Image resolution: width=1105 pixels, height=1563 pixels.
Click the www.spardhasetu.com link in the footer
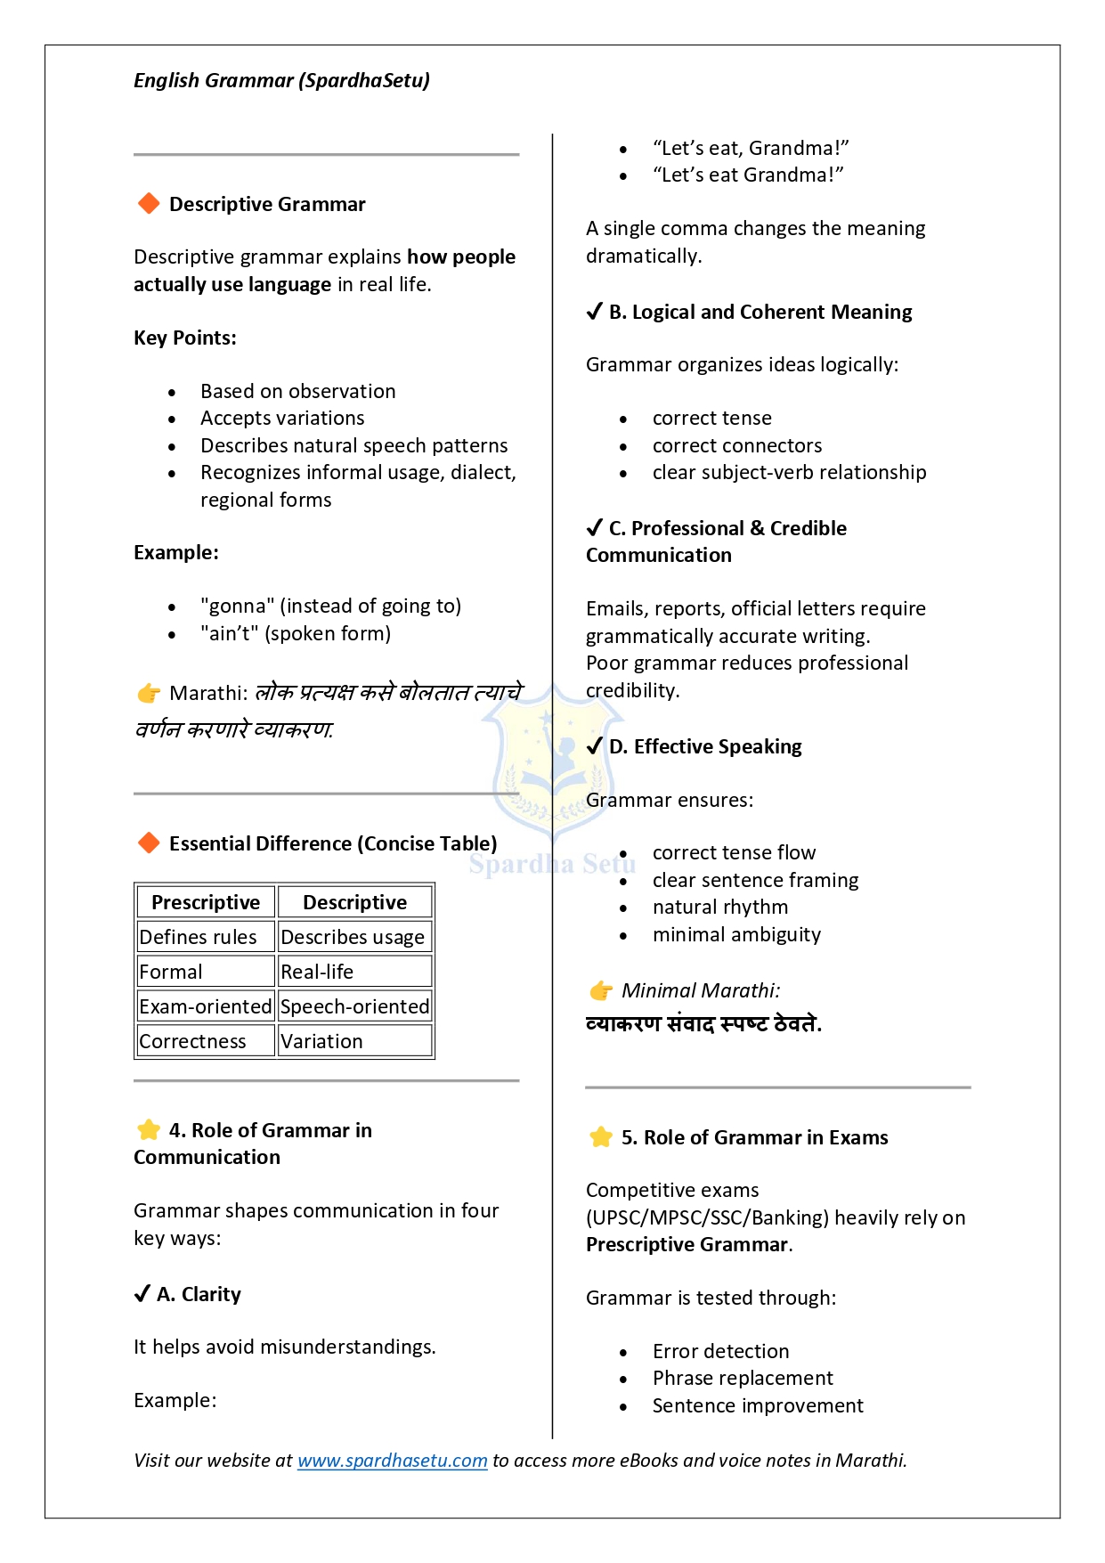pos(392,1461)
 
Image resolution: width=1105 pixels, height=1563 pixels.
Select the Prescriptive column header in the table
pos(206,902)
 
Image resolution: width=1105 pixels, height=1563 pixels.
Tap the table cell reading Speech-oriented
pos(354,1006)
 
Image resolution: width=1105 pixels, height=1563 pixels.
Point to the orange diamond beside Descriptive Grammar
pos(149,204)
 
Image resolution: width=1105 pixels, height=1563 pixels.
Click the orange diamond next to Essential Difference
pos(149,843)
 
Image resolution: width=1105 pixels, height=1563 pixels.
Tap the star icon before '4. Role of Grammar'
pos(149,1130)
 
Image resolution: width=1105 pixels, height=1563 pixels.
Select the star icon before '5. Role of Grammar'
pos(601,1137)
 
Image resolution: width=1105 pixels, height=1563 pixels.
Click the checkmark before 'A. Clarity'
pos(142,1294)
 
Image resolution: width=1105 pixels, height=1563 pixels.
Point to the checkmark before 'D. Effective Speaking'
pos(595,746)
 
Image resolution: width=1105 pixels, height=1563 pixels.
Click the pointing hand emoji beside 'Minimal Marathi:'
pos(601,990)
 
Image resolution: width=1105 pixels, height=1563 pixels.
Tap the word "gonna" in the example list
pos(238,606)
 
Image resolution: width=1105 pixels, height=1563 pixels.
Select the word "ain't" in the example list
pos(229,634)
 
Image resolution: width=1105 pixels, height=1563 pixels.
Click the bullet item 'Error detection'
pos(720,1351)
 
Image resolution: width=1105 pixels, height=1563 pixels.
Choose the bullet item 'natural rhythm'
pos(720,908)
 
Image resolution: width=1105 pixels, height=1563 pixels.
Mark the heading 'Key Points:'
pos(185,338)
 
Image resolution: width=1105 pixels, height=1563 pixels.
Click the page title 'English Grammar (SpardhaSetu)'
pos(281,81)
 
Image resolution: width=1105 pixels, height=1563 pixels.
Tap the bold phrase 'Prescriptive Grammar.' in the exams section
pos(688,1245)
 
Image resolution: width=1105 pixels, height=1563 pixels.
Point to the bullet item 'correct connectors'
pos(737,445)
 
